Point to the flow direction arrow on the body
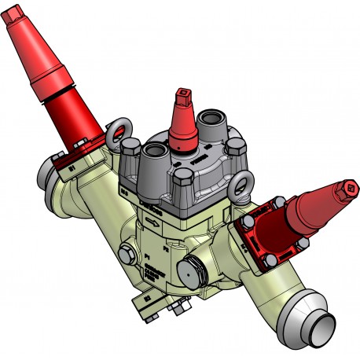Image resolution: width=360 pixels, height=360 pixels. click(157, 222)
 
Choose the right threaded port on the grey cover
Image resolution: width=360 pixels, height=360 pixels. click(212, 119)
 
